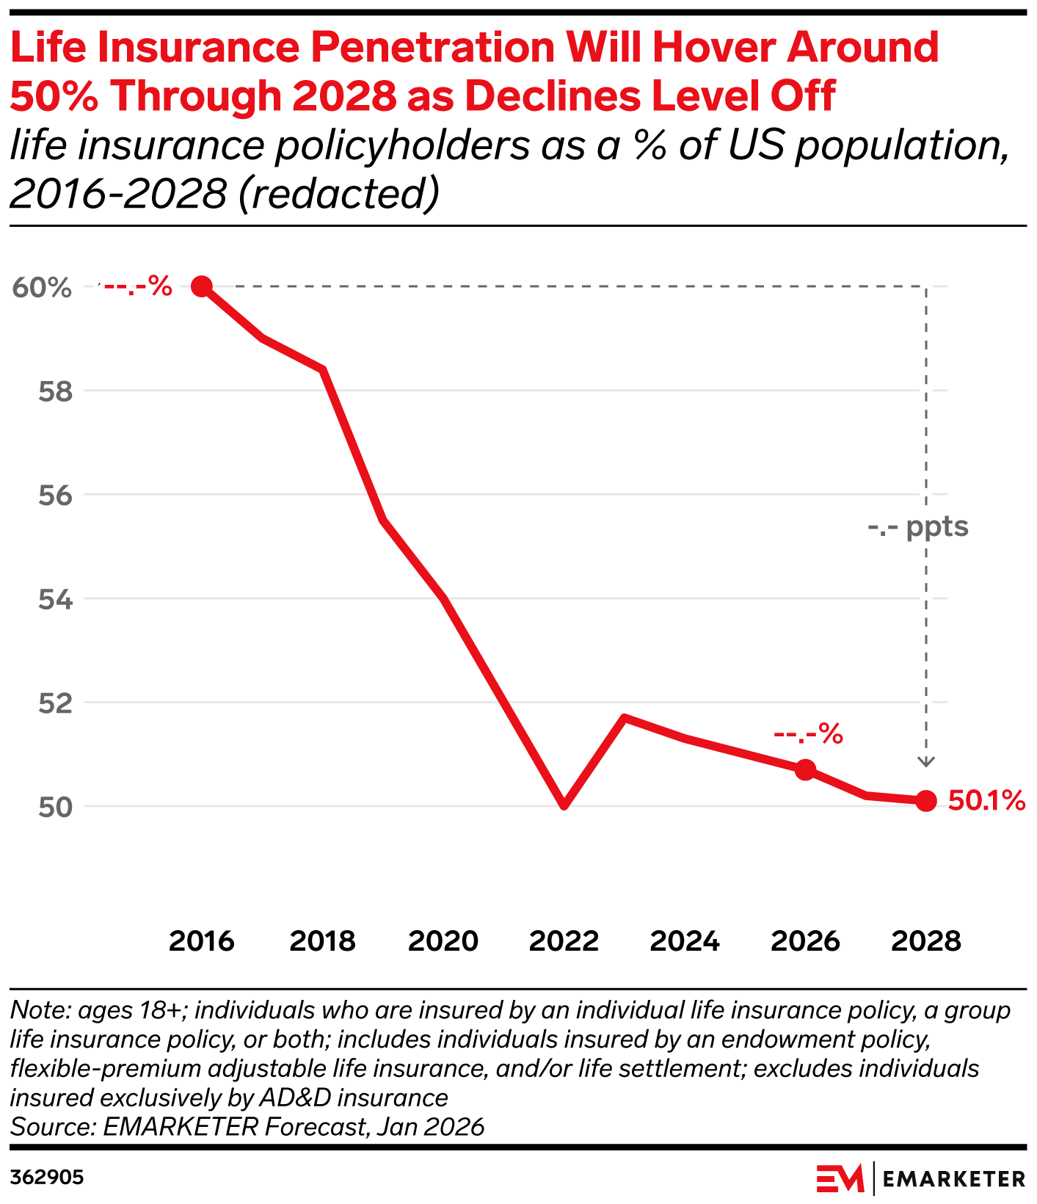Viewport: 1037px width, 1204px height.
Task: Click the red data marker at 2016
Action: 202,286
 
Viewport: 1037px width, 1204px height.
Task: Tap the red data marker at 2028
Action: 926,801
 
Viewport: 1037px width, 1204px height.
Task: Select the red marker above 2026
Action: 805,769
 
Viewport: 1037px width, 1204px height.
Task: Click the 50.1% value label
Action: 986,801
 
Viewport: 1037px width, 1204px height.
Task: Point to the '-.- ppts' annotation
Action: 917,527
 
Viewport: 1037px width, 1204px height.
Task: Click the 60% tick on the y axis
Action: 42,288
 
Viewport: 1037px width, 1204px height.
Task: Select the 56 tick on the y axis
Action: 56,496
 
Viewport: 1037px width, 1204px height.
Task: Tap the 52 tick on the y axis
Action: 56,703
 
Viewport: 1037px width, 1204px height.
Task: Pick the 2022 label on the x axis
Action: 564,941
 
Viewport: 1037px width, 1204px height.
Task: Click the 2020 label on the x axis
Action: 443,941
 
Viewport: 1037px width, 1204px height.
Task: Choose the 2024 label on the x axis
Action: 685,941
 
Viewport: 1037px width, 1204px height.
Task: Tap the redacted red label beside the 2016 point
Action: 137,286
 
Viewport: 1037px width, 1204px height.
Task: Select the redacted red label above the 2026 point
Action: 808,733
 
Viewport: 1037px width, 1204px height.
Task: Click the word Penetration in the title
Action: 432,48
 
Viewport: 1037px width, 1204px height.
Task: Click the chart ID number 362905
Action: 47,1178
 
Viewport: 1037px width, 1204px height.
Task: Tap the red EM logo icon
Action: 840,1178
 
